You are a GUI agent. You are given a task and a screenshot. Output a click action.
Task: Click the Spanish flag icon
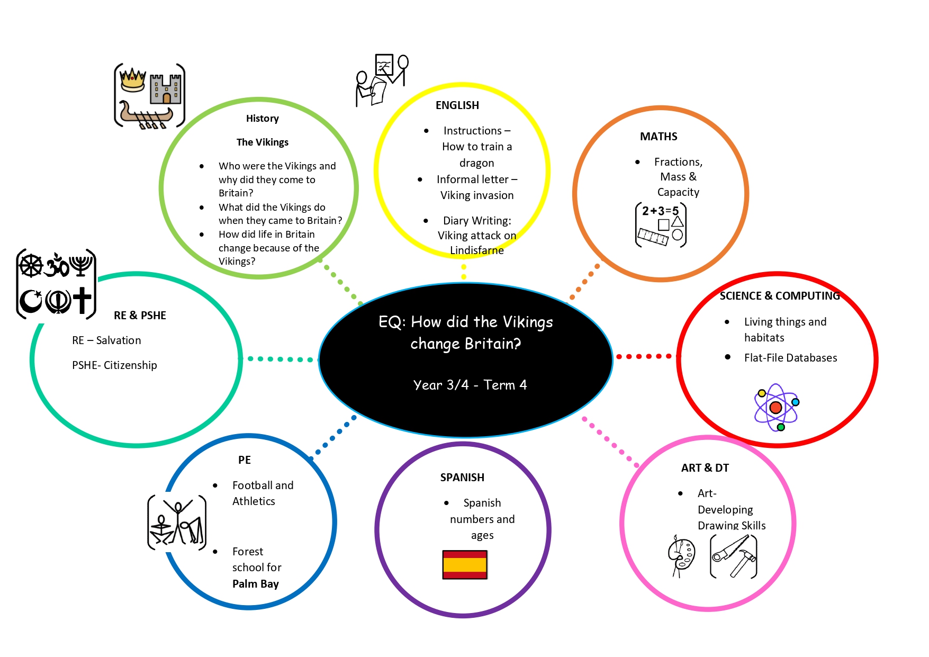tap(465, 564)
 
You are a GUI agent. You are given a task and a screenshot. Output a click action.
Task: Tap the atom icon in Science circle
tap(776, 407)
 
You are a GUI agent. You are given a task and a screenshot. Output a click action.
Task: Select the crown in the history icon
tap(132, 80)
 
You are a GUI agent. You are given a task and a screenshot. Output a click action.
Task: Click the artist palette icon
tap(682, 555)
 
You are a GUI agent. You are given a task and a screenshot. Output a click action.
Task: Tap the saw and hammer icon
tap(734, 556)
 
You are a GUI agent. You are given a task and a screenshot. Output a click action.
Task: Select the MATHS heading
tap(659, 137)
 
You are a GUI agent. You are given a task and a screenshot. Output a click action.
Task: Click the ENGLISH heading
tap(457, 105)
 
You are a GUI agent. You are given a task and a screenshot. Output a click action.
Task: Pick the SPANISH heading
tap(462, 478)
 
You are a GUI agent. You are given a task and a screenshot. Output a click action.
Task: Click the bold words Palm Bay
tap(255, 584)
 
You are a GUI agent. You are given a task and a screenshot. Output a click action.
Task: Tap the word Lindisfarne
tap(476, 250)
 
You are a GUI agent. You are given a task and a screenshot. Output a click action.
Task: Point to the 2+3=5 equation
tap(660, 211)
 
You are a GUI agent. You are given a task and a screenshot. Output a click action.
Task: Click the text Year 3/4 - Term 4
tap(470, 385)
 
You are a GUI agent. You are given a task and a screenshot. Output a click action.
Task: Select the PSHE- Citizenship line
tap(114, 365)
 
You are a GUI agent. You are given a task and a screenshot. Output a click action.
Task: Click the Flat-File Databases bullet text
tap(790, 358)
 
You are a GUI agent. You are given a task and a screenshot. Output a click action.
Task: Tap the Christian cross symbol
tap(82, 300)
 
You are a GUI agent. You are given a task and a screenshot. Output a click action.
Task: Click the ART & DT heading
tap(705, 468)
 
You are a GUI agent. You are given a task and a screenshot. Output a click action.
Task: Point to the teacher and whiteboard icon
tap(382, 79)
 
